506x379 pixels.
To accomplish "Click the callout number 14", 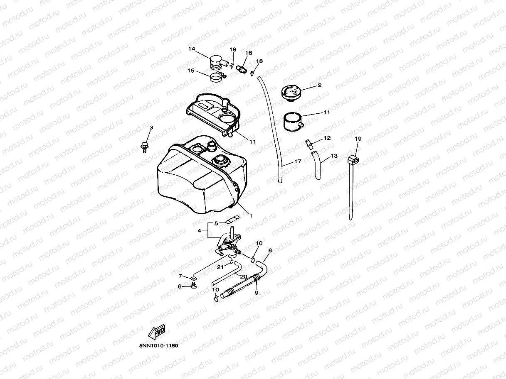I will pos(192,49).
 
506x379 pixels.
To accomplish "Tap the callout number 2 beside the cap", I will pos(319,86).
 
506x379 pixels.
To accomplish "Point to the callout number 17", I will pos(298,161).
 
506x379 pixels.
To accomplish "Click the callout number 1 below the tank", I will pos(251,215).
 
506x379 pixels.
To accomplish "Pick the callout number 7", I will pos(180,276).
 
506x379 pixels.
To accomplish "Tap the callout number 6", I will pos(180,286).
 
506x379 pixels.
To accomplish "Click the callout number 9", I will pos(257,293).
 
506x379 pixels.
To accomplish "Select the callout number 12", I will pos(327,138).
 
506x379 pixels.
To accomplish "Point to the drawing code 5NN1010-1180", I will pos(159,345).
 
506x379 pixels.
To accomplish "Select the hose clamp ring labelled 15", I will pos(215,77).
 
